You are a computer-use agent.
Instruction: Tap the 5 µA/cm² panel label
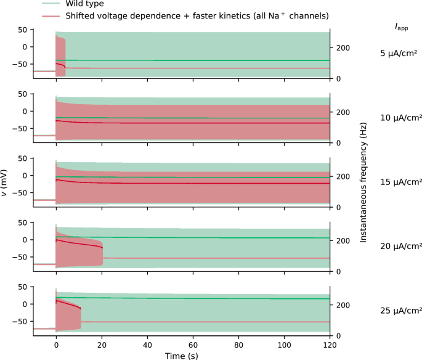[400, 53]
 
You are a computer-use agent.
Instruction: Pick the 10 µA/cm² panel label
[400, 117]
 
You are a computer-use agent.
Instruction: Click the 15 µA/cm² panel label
[400, 182]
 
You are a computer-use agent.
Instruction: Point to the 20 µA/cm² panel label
[400, 246]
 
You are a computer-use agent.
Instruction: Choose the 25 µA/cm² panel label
[400, 311]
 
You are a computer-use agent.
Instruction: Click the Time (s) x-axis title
[182, 355]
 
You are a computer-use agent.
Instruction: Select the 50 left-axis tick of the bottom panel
[23, 287]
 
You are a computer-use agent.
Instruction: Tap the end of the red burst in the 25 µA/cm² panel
[81, 308]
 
